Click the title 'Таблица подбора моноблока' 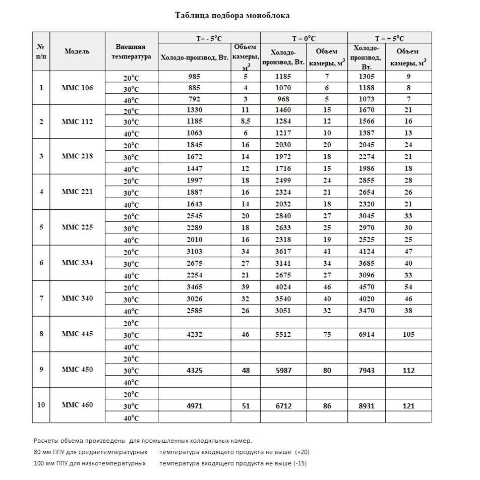pyautogui.click(x=232, y=16)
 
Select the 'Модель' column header pyautogui.click(x=77, y=51)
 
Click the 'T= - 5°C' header pyautogui.click(x=209, y=38)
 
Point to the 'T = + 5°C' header pyautogui.click(x=390, y=38)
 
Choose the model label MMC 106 pyautogui.click(x=77, y=88)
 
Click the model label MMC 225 pyautogui.click(x=77, y=227)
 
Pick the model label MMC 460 pyautogui.click(x=77, y=405)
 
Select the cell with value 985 pyautogui.click(x=195, y=77)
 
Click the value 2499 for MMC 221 pyautogui.click(x=283, y=181)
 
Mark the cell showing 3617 pyautogui.click(x=283, y=252)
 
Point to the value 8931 pyautogui.click(x=367, y=406)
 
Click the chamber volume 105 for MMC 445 pyautogui.click(x=408, y=335)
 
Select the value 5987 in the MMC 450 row pyautogui.click(x=283, y=371)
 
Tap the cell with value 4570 pyautogui.click(x=367, y=287)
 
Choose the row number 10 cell pyautogui.click(x=41, y=405)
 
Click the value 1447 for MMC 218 pyautogui.click(x=195, y=169)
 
